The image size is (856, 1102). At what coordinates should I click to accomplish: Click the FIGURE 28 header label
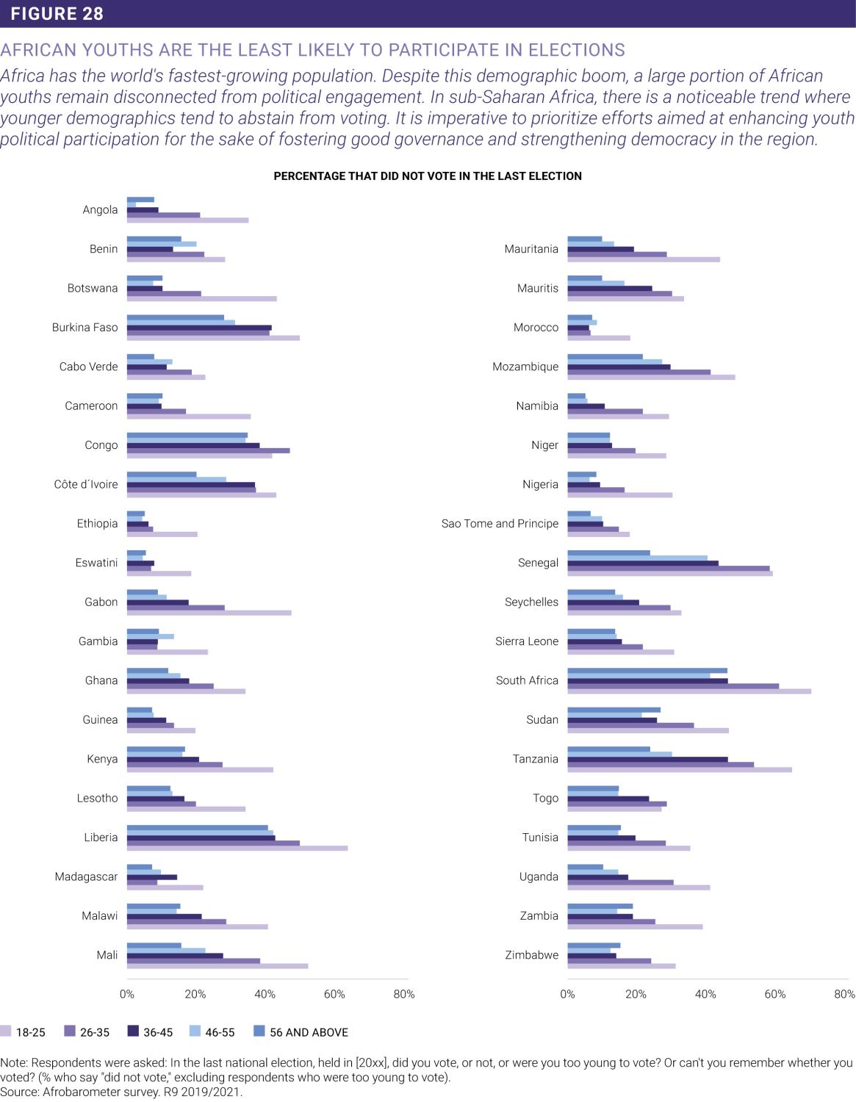pos(57,13)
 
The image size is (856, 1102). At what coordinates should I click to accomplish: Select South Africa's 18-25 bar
pos(688,691)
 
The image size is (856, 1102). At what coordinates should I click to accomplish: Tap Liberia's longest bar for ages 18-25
pos(237,848)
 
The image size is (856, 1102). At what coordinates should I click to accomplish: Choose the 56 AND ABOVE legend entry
pos(309,1032)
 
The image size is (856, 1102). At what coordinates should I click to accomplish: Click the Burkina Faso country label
pos(85,328)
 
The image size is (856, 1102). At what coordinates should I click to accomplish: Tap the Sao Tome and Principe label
pos(500,524)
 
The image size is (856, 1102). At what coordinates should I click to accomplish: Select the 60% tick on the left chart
pos(334,995)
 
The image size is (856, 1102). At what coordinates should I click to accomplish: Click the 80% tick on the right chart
pos(844,995)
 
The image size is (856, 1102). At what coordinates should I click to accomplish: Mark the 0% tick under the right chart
pos(567,995)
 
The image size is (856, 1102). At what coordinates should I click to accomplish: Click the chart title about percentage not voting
pos(428,176)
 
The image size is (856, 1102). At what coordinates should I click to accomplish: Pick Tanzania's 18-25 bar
pos(679,769)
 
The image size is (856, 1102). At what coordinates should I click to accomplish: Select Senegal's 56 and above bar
pos(608,552)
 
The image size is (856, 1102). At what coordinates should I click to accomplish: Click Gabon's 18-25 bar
pos(209,613)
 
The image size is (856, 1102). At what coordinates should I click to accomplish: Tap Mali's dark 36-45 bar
pos(175,956)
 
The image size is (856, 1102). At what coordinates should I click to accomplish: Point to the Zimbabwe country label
pos(531,955)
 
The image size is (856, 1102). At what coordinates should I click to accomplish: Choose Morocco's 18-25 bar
pos(598,338)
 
